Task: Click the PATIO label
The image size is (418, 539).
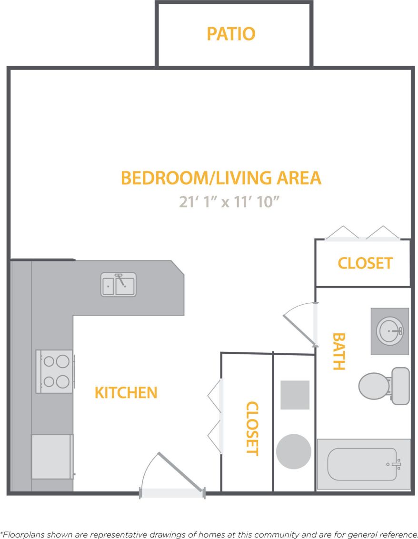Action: (231, 34)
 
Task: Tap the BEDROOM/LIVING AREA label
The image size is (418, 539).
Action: (221, 178)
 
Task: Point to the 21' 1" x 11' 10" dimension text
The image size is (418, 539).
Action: (229, 202)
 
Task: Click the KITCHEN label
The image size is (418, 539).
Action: (126, 393)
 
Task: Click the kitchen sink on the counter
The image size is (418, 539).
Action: (119, 284)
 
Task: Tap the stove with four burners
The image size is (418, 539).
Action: (55, 371)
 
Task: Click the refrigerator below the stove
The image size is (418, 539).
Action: (52, 456)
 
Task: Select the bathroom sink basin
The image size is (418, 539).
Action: (390, 330)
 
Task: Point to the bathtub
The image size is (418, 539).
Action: (363, 464)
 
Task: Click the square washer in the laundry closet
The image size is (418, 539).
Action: (295, 395)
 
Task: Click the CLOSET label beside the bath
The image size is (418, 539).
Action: (365, 263)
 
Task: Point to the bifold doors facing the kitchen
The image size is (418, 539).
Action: (215, 416)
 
